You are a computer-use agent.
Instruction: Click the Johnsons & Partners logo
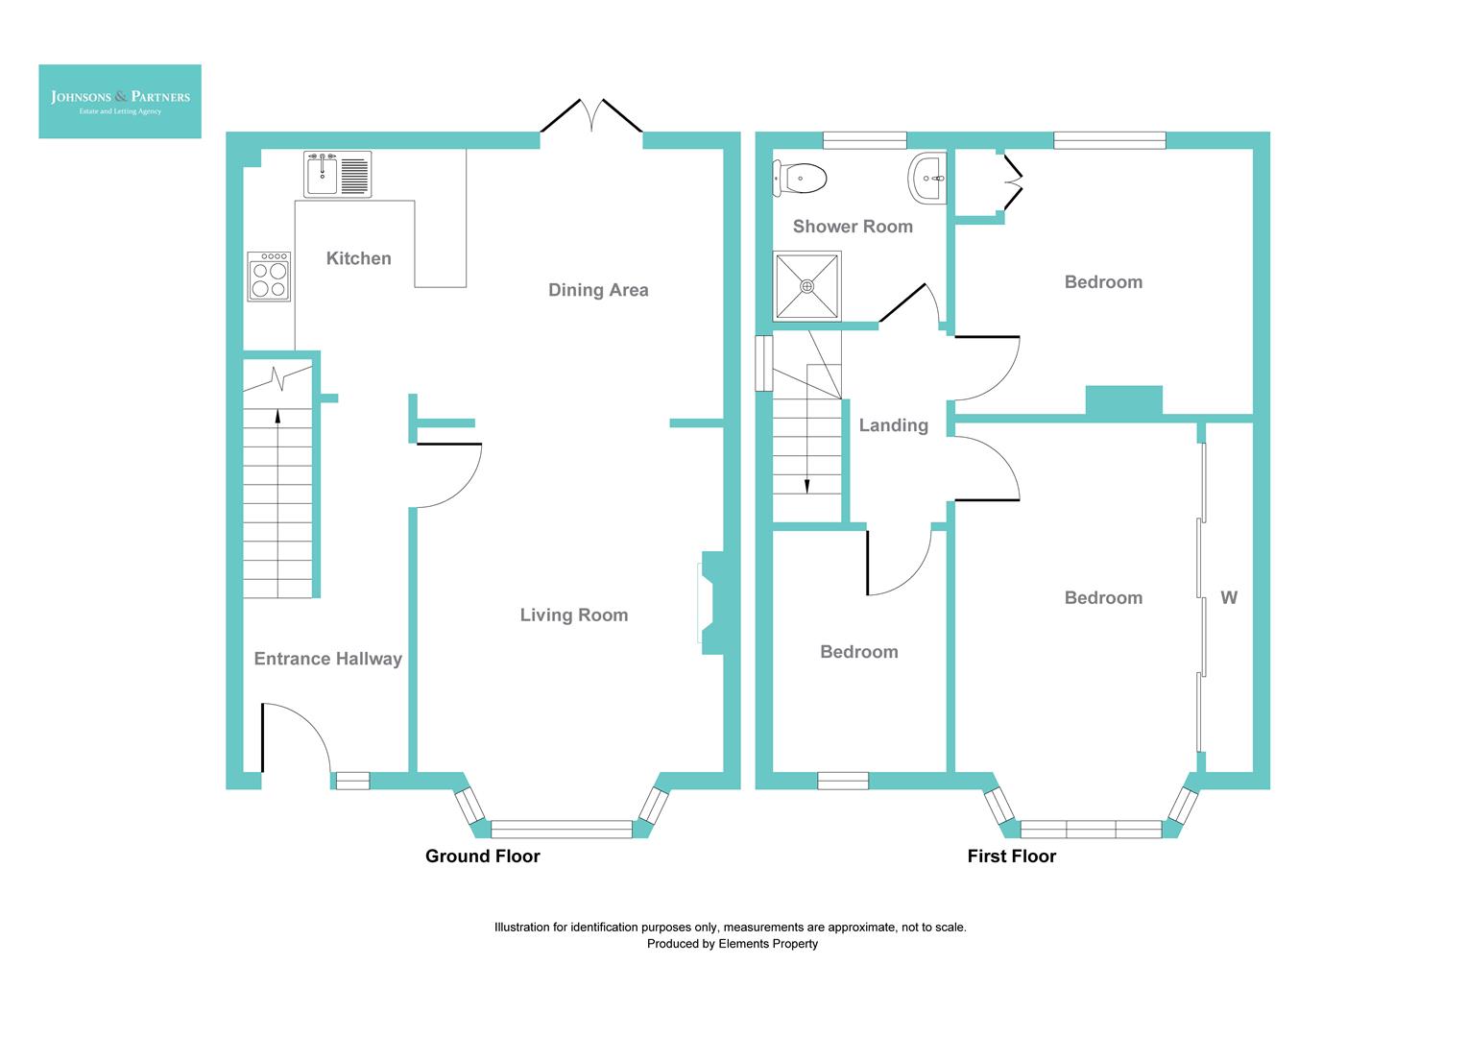pos(120,101)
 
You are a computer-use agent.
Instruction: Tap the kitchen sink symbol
pos(338,175)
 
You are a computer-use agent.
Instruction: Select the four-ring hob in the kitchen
pos(269,277)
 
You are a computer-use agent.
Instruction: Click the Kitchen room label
pos(358,258)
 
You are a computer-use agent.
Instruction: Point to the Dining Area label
pos(598,290)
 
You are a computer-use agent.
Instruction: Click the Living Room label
pos(574,615)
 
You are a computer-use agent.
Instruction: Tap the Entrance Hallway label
pos(327,659)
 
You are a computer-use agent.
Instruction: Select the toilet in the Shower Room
pos(800,178)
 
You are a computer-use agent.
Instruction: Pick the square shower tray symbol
pos(807,285)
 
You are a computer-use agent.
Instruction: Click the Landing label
pos(893,425)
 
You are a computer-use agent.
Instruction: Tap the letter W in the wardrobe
pos(1229,598)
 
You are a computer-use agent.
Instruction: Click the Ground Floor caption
pos(482,856)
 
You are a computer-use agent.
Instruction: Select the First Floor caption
pos(1011,856)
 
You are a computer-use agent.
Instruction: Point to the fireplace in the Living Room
pos(710,603)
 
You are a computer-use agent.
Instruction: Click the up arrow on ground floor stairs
pos(278,416)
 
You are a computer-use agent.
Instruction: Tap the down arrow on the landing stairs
pos(807,485)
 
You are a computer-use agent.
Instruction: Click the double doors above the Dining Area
pos(591,117)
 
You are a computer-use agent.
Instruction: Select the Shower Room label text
pos(853,227)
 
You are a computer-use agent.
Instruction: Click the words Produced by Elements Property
pos(732,944)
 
